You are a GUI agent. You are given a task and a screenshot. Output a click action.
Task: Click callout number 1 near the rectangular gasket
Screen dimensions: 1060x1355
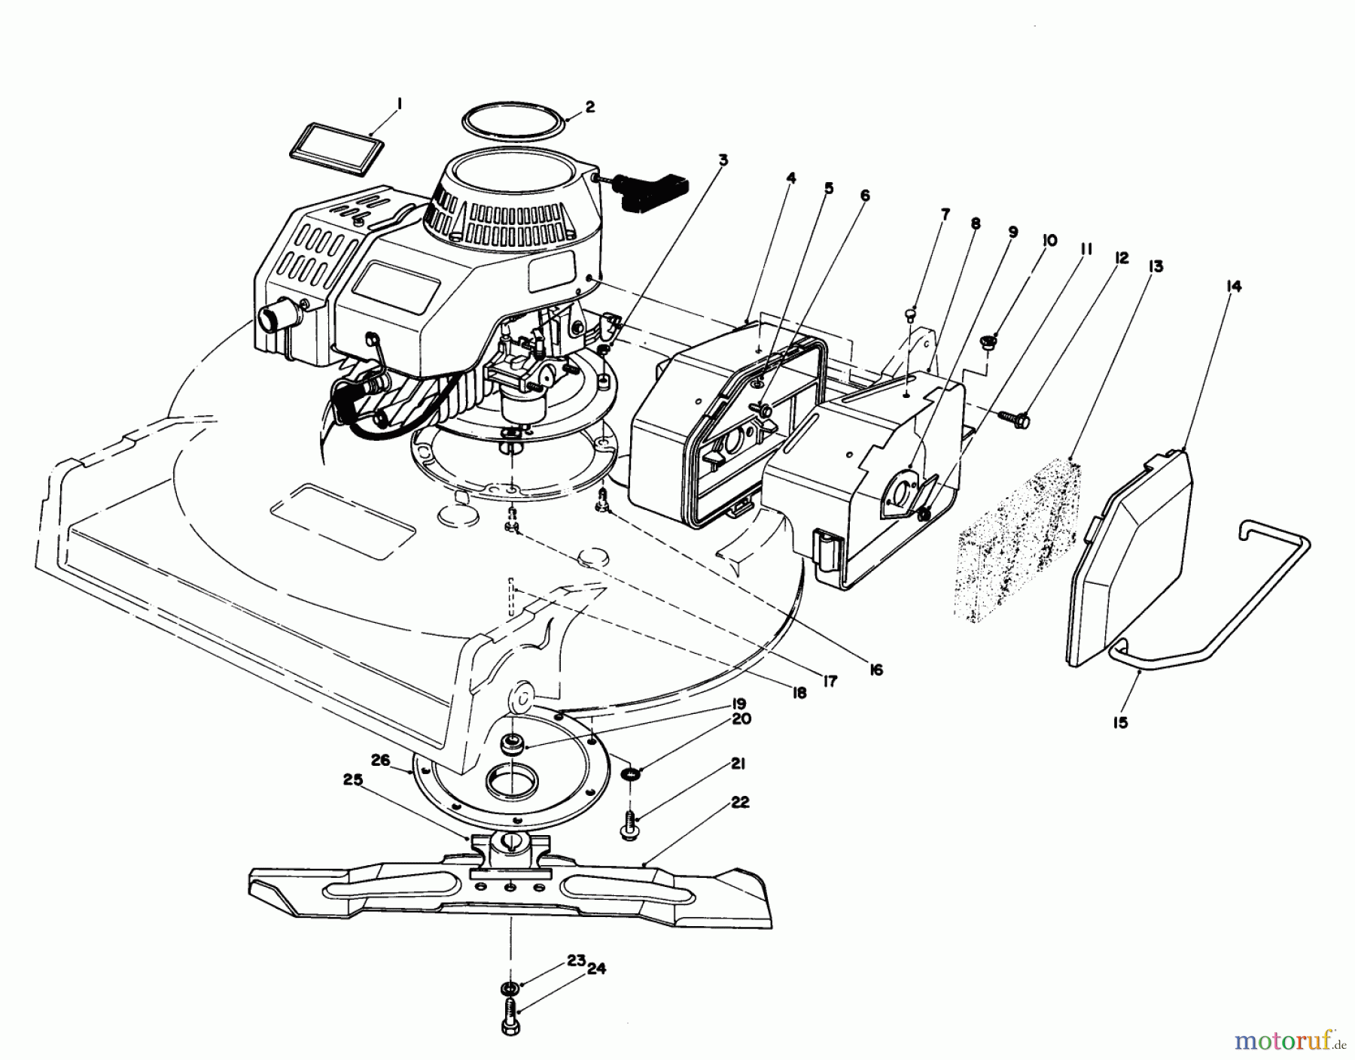click(400, 105)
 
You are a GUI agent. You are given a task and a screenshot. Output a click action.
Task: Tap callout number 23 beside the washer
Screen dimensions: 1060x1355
click(577, 961)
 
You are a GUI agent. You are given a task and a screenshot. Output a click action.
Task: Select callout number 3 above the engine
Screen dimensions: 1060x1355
click(723, 160)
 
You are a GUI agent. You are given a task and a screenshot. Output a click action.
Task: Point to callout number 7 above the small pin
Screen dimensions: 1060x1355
click(945, 215)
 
